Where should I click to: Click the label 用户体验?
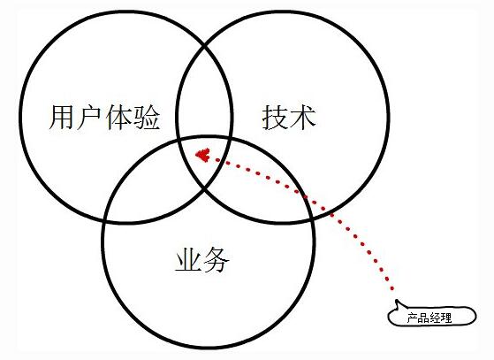coord(104,118)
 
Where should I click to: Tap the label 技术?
coord(289,118)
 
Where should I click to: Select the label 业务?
coord(202,259)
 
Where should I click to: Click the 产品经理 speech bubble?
coord(432,315)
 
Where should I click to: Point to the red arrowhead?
coord(203,155)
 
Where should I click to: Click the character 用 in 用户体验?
coord(63,118)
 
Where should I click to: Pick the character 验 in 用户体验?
coord(147,118)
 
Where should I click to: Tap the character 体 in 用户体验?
coord(119,118)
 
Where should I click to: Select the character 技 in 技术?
coord(275,118)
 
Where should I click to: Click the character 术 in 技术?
coord(303,118)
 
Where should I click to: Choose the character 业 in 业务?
coord(188,259)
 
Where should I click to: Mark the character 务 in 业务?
coord(217,259)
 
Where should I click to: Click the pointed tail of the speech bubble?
coord(397,300)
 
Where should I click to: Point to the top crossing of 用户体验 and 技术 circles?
coord(205,47)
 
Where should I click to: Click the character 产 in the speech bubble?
coord(413,318)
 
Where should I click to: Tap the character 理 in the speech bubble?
coord(446,318)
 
